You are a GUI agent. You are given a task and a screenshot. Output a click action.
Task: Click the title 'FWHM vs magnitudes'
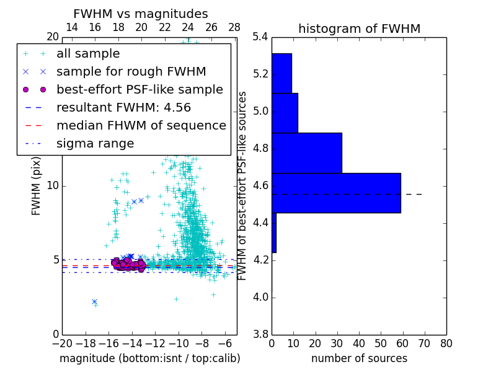tap(141, 14)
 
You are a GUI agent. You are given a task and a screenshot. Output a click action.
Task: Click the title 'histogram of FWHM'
tap(359, 29)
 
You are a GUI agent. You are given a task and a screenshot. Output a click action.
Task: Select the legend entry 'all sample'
tap(88, 54)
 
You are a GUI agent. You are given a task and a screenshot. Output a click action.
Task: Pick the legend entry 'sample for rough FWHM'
tap(131, 71)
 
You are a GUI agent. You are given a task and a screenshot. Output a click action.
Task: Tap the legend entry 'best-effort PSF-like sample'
tap(139, 89)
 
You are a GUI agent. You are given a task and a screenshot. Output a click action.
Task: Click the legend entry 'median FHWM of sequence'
tap(141, 125)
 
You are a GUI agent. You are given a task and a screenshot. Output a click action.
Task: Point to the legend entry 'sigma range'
tap(95, 144)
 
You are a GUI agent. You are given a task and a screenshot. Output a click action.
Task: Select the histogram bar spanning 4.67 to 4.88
tap(307, 153)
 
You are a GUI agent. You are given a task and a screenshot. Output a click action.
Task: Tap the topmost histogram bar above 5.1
tap(281, 73)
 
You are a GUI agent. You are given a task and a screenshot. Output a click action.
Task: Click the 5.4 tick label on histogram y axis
tap(261, 37)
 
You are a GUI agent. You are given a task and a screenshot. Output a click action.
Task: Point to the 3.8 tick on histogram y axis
tap(261, 334)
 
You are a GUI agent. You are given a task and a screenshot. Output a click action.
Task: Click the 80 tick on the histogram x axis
tap(446, 343)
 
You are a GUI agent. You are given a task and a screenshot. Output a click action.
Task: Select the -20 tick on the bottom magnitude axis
tap(62, 343)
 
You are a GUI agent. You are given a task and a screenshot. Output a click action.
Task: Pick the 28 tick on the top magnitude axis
tap(234, 27)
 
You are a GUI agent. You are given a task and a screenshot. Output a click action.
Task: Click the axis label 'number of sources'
tap(359, 358)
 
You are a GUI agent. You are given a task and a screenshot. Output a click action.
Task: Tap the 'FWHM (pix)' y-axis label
tap(37, 185)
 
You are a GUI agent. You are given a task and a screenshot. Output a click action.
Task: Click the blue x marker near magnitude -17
tap(94, 301)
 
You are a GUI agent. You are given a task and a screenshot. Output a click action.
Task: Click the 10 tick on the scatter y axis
tap(53, 186)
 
